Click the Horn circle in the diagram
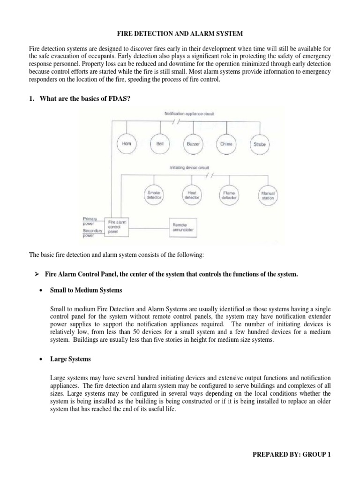click(126, 144)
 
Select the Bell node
click(160, 144)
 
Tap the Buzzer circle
click(193, 144)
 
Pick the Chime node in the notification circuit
click(226, 144)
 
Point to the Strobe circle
click(260, 144)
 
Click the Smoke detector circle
click(154, 195)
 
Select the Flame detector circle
click(228, 195)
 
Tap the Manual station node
click(267, 195)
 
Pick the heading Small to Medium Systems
click(86, 290)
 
